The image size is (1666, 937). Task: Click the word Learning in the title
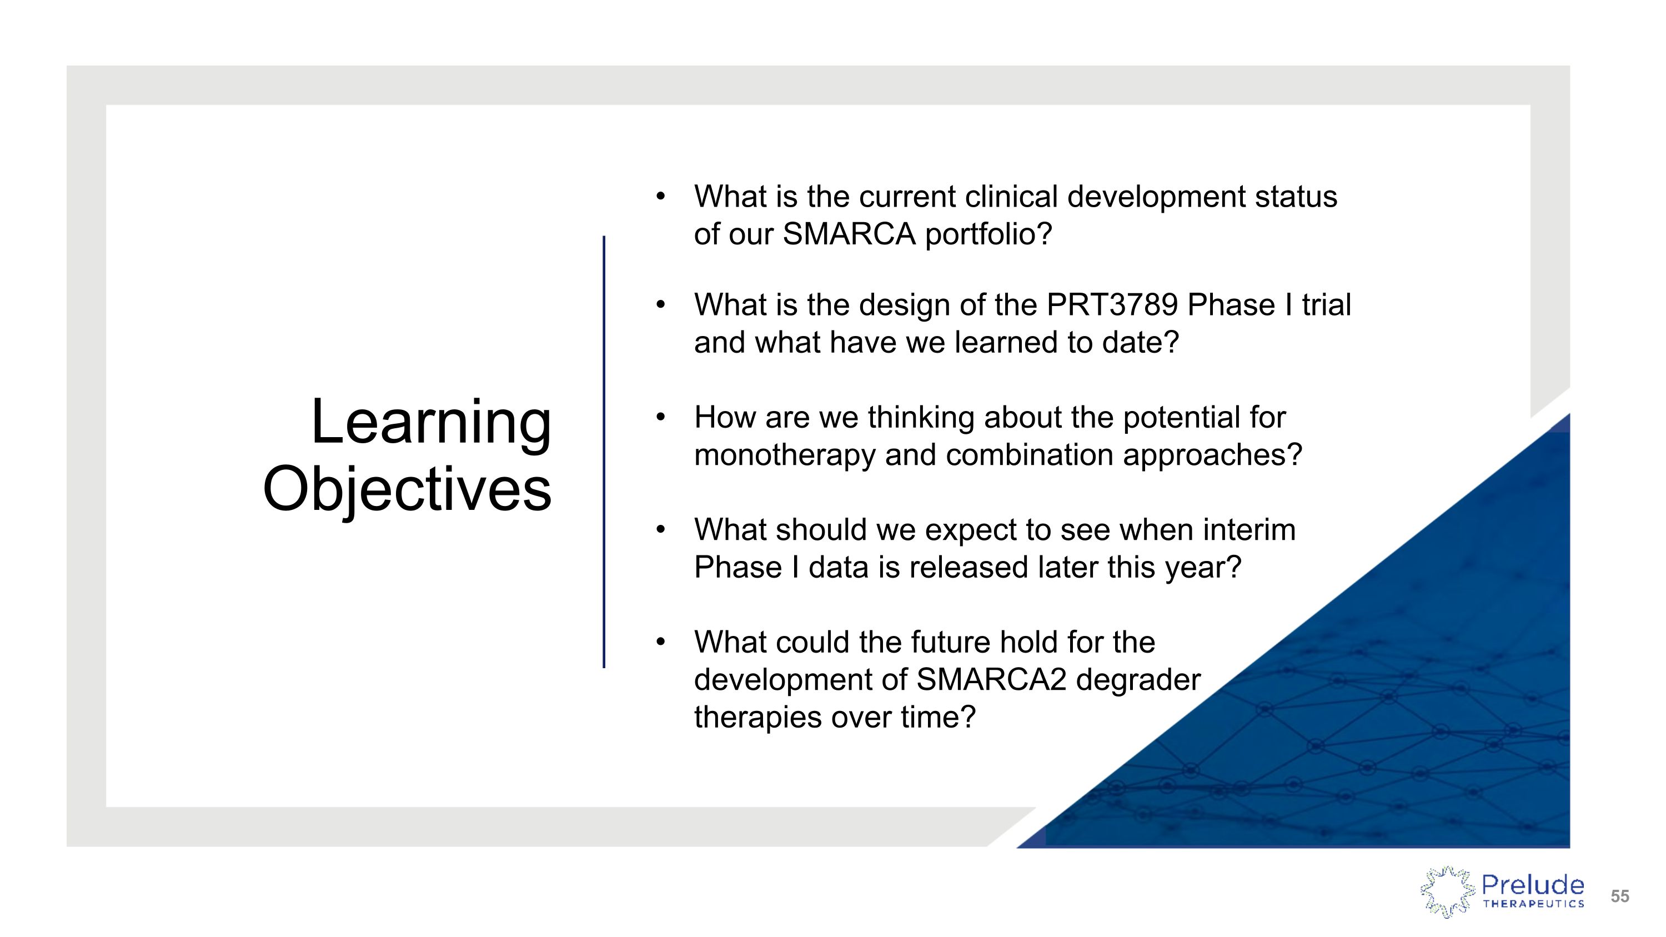431,422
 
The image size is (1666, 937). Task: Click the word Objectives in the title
407,489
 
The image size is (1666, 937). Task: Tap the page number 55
1619,896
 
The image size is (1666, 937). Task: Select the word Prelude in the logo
1532,885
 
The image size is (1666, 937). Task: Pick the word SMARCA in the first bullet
849,234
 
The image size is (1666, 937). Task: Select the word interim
1249,530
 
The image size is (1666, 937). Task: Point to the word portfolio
988,234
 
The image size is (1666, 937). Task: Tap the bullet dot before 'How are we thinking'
660,417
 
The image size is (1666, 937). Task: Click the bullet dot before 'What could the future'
660,642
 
